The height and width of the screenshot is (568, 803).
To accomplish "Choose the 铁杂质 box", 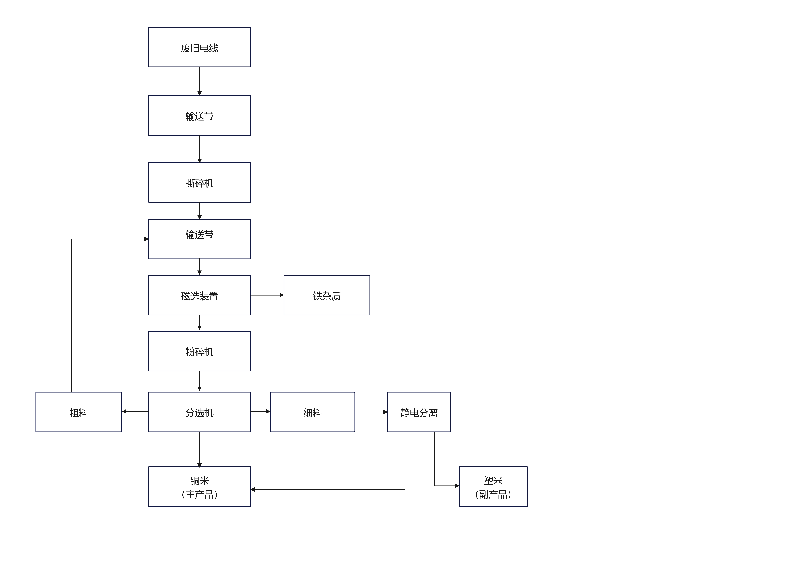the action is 327,295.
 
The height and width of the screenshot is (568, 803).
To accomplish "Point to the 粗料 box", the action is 79,412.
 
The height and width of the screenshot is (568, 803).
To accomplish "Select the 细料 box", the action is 312,412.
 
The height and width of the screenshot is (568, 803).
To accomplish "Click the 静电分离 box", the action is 419,412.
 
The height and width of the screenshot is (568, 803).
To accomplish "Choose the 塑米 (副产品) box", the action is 493,487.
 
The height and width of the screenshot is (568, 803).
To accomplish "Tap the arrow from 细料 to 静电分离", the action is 371,412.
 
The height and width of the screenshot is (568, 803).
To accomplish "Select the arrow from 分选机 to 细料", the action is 260,412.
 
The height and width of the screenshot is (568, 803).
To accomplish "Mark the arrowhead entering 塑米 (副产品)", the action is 457,486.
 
